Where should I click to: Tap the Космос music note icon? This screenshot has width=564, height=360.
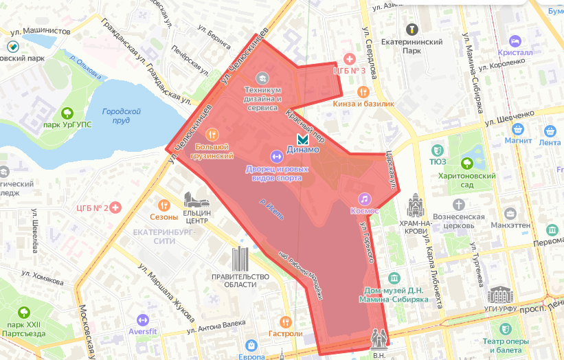(365, 198)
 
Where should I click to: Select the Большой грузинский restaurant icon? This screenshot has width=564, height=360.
(212, 135)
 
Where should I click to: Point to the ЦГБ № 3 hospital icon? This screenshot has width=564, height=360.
(349, 59)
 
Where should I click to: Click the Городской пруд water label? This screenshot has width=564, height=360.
(121, 115)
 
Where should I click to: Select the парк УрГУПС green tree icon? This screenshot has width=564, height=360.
(67, 113)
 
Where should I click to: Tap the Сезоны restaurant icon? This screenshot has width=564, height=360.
(163, 205)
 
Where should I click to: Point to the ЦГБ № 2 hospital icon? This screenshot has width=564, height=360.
(115, 207)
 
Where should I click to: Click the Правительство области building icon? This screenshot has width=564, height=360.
(240, 258)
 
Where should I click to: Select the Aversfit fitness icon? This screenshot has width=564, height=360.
(143, 319)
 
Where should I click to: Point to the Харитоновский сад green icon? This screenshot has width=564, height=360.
(467, 164)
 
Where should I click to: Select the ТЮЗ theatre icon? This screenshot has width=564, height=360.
(438, 150)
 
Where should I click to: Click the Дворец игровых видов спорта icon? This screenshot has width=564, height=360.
(275, 156)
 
